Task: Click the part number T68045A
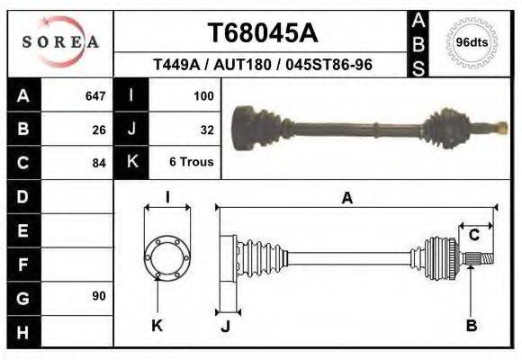click(263, 33)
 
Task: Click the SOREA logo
click(59, 42)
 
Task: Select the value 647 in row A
click(95, 95)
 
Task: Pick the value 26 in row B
click(99, 129)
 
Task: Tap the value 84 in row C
click(99, 163)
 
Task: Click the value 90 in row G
click(99, 296)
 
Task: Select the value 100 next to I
click(203, 95)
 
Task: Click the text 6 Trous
click(192, 162)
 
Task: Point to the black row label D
click(22, 195)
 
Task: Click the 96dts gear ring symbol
click(472, 42)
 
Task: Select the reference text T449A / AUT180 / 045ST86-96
click(263, 66)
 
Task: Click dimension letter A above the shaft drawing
click(346, 199)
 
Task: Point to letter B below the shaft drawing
click(471, 325)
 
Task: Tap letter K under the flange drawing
click(157, 325)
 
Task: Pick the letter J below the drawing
click(225, 326)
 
